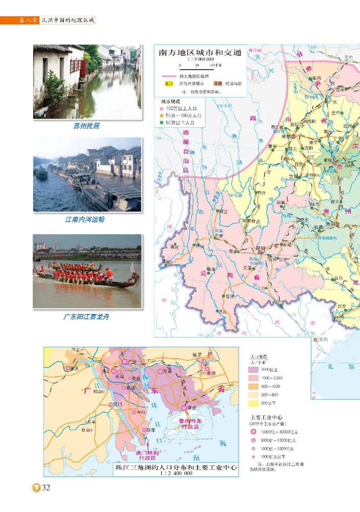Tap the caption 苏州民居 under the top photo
pos(86,126)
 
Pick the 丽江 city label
pos(222,211)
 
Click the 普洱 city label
pos(230,296)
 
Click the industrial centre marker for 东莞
pos(160,371)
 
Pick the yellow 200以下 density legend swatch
pos(253,403)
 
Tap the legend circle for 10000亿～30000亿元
pos(253,432)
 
